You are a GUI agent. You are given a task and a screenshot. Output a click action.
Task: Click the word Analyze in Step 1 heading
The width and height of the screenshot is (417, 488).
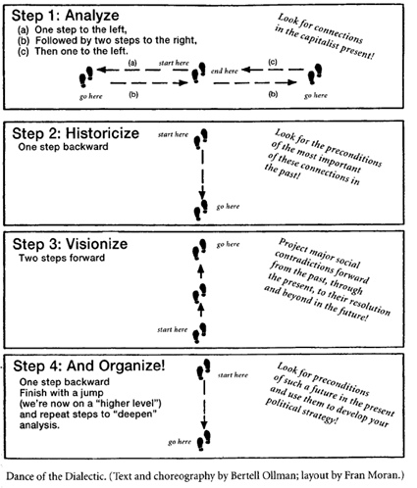pyautogui.click(x=92, y=16)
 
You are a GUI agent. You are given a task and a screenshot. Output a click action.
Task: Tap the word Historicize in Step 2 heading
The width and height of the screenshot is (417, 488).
pyautogui.click(x=102, y=133)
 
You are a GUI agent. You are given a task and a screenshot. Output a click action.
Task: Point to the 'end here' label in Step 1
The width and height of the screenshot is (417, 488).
pyautogui.click(x=225, y=71)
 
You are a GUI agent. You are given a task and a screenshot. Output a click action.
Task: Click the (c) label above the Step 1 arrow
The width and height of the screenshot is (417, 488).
pyautogui.click(x=273, y=62)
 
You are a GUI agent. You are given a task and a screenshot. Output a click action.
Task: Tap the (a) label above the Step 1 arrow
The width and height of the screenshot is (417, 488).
pyautogui.click(x=132, y=63)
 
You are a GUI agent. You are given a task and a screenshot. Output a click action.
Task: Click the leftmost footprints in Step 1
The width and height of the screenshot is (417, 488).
pyautogui.click(x=86, y=76)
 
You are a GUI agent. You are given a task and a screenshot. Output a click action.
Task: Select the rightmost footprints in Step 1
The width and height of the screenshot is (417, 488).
pyautogui.click(x=315, y=74)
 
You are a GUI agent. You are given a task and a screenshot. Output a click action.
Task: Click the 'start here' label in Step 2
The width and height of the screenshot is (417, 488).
pyautogui.click(x=173, y=134)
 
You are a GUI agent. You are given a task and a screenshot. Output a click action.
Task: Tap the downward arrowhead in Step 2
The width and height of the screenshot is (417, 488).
pyautogui.click(x=202, y=194)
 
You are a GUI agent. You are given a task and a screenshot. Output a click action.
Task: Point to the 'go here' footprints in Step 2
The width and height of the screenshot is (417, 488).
pyautogui.click(x=200, y=210)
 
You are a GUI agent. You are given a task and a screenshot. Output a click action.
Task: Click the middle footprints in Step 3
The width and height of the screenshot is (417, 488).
pyautogui.click(x=199, y=294)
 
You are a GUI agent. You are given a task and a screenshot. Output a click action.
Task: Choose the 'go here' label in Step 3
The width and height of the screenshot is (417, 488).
pyautogui.click(x=228, y=244)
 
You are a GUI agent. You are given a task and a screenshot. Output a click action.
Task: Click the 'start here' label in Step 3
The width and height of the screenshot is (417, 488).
pyautogui.click(x=173, y=329)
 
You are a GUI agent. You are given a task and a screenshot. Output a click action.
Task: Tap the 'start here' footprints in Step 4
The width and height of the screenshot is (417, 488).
pyautogui.click(x=203, y=369)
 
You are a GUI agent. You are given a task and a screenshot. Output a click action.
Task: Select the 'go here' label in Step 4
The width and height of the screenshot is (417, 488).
pyautogui.click(x=180, y=442)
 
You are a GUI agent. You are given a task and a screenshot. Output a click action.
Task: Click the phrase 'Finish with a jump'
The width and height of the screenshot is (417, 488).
pyautogui.click(x=62, y=393)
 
